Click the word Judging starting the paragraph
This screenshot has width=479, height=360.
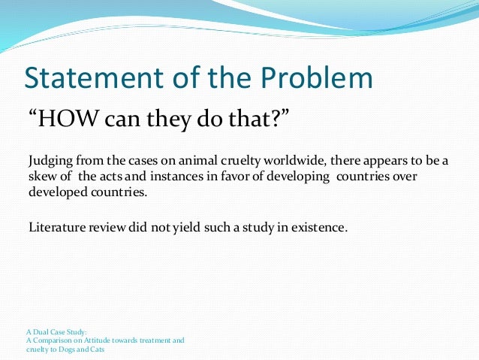(x=50, y=161)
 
